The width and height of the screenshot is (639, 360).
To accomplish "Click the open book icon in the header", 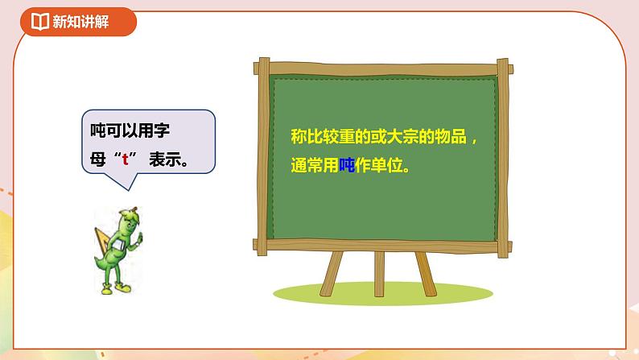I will pos(39,23).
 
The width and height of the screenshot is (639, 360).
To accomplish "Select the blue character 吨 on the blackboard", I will pos(351,169).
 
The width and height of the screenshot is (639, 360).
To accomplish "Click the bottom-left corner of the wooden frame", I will pos(262,244).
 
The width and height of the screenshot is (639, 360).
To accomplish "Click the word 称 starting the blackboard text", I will pos(298,138).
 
